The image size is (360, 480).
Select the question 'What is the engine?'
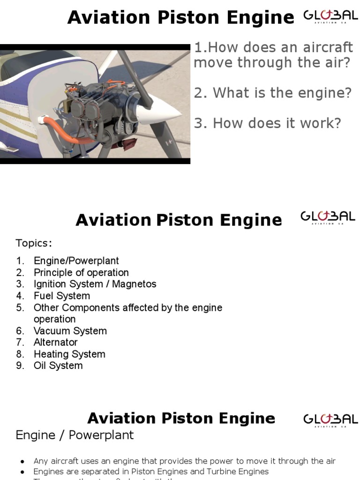click(x=273, y=93)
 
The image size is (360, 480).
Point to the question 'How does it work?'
click(x=268, y=123)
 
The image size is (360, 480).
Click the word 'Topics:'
click(x=34, y=243)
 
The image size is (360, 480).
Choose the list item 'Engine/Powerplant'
click(x=76, y=261)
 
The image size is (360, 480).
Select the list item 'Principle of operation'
click(x=81, y=272)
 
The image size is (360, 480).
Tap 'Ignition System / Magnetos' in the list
click(x=95, y=284)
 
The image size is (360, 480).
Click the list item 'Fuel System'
click(x=62, y=296)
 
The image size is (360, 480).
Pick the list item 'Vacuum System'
click(x=70, y=331)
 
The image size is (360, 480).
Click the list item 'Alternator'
click(x=56, y=342)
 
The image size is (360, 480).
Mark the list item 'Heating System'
click(x=69, y=354)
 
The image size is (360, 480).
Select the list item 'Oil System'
click(x=58, y=366)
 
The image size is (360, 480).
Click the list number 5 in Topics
click(x=20, y=308)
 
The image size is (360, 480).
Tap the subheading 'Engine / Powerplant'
click(x=75, y=435)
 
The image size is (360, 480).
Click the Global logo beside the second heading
click(x=328, y=217)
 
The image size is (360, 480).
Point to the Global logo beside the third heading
click(x=330, y=419)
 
